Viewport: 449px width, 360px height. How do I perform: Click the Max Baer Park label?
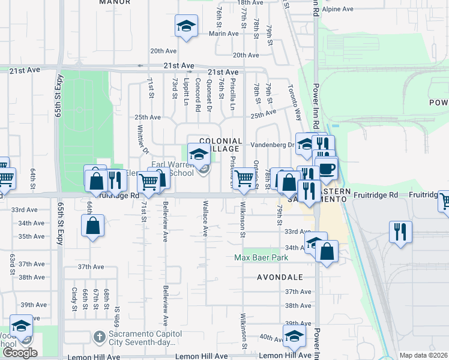[261, 258]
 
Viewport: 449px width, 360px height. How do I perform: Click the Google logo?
[20, 353]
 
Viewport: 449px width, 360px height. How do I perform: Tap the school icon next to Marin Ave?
[186, 27]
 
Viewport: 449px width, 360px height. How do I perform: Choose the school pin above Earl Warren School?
[199, 154]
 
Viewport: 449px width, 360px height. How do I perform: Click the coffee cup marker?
[326, 169]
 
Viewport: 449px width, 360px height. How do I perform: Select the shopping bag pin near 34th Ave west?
[92, 227]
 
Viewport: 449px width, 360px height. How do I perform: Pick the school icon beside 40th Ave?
[294, 337]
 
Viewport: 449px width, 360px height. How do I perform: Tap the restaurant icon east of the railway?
[400, 231]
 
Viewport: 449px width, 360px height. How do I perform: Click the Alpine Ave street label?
[338, 9]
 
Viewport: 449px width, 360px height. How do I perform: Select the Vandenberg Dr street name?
[276, 145]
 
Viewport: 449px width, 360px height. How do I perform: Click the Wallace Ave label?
[205, 218]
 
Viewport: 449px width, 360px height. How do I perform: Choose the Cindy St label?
[74, 298]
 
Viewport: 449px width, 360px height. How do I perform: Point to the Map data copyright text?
[423, 355]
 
